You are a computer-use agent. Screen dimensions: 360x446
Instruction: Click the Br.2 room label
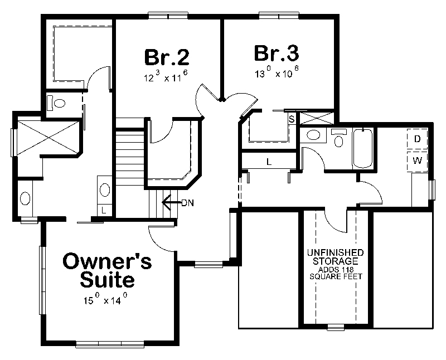167,57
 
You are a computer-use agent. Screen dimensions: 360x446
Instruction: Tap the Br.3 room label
277,53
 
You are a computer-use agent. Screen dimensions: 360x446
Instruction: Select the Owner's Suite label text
107,269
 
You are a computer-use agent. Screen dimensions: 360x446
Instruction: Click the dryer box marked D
417,139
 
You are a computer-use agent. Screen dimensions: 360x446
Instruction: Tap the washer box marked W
417,161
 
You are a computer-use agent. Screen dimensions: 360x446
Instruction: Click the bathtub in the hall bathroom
362,148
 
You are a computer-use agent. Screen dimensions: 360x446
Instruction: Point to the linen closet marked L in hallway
268,162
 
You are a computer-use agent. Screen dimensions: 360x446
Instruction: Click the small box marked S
292,118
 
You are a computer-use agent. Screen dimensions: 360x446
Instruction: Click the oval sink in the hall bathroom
314,135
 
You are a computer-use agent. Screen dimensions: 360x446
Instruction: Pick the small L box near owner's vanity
105,210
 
